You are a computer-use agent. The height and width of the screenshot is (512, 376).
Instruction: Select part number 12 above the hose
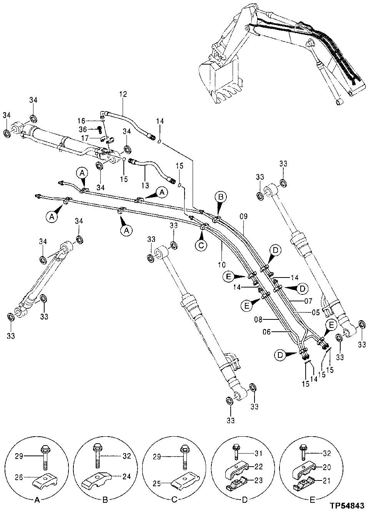pyautogui.click(x=123, y=94)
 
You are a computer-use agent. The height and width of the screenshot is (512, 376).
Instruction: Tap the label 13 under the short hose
pyautogui.click(x=144, y=186)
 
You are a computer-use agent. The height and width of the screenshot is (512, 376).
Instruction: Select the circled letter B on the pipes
pyautogui.click(x=221, y=197)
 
